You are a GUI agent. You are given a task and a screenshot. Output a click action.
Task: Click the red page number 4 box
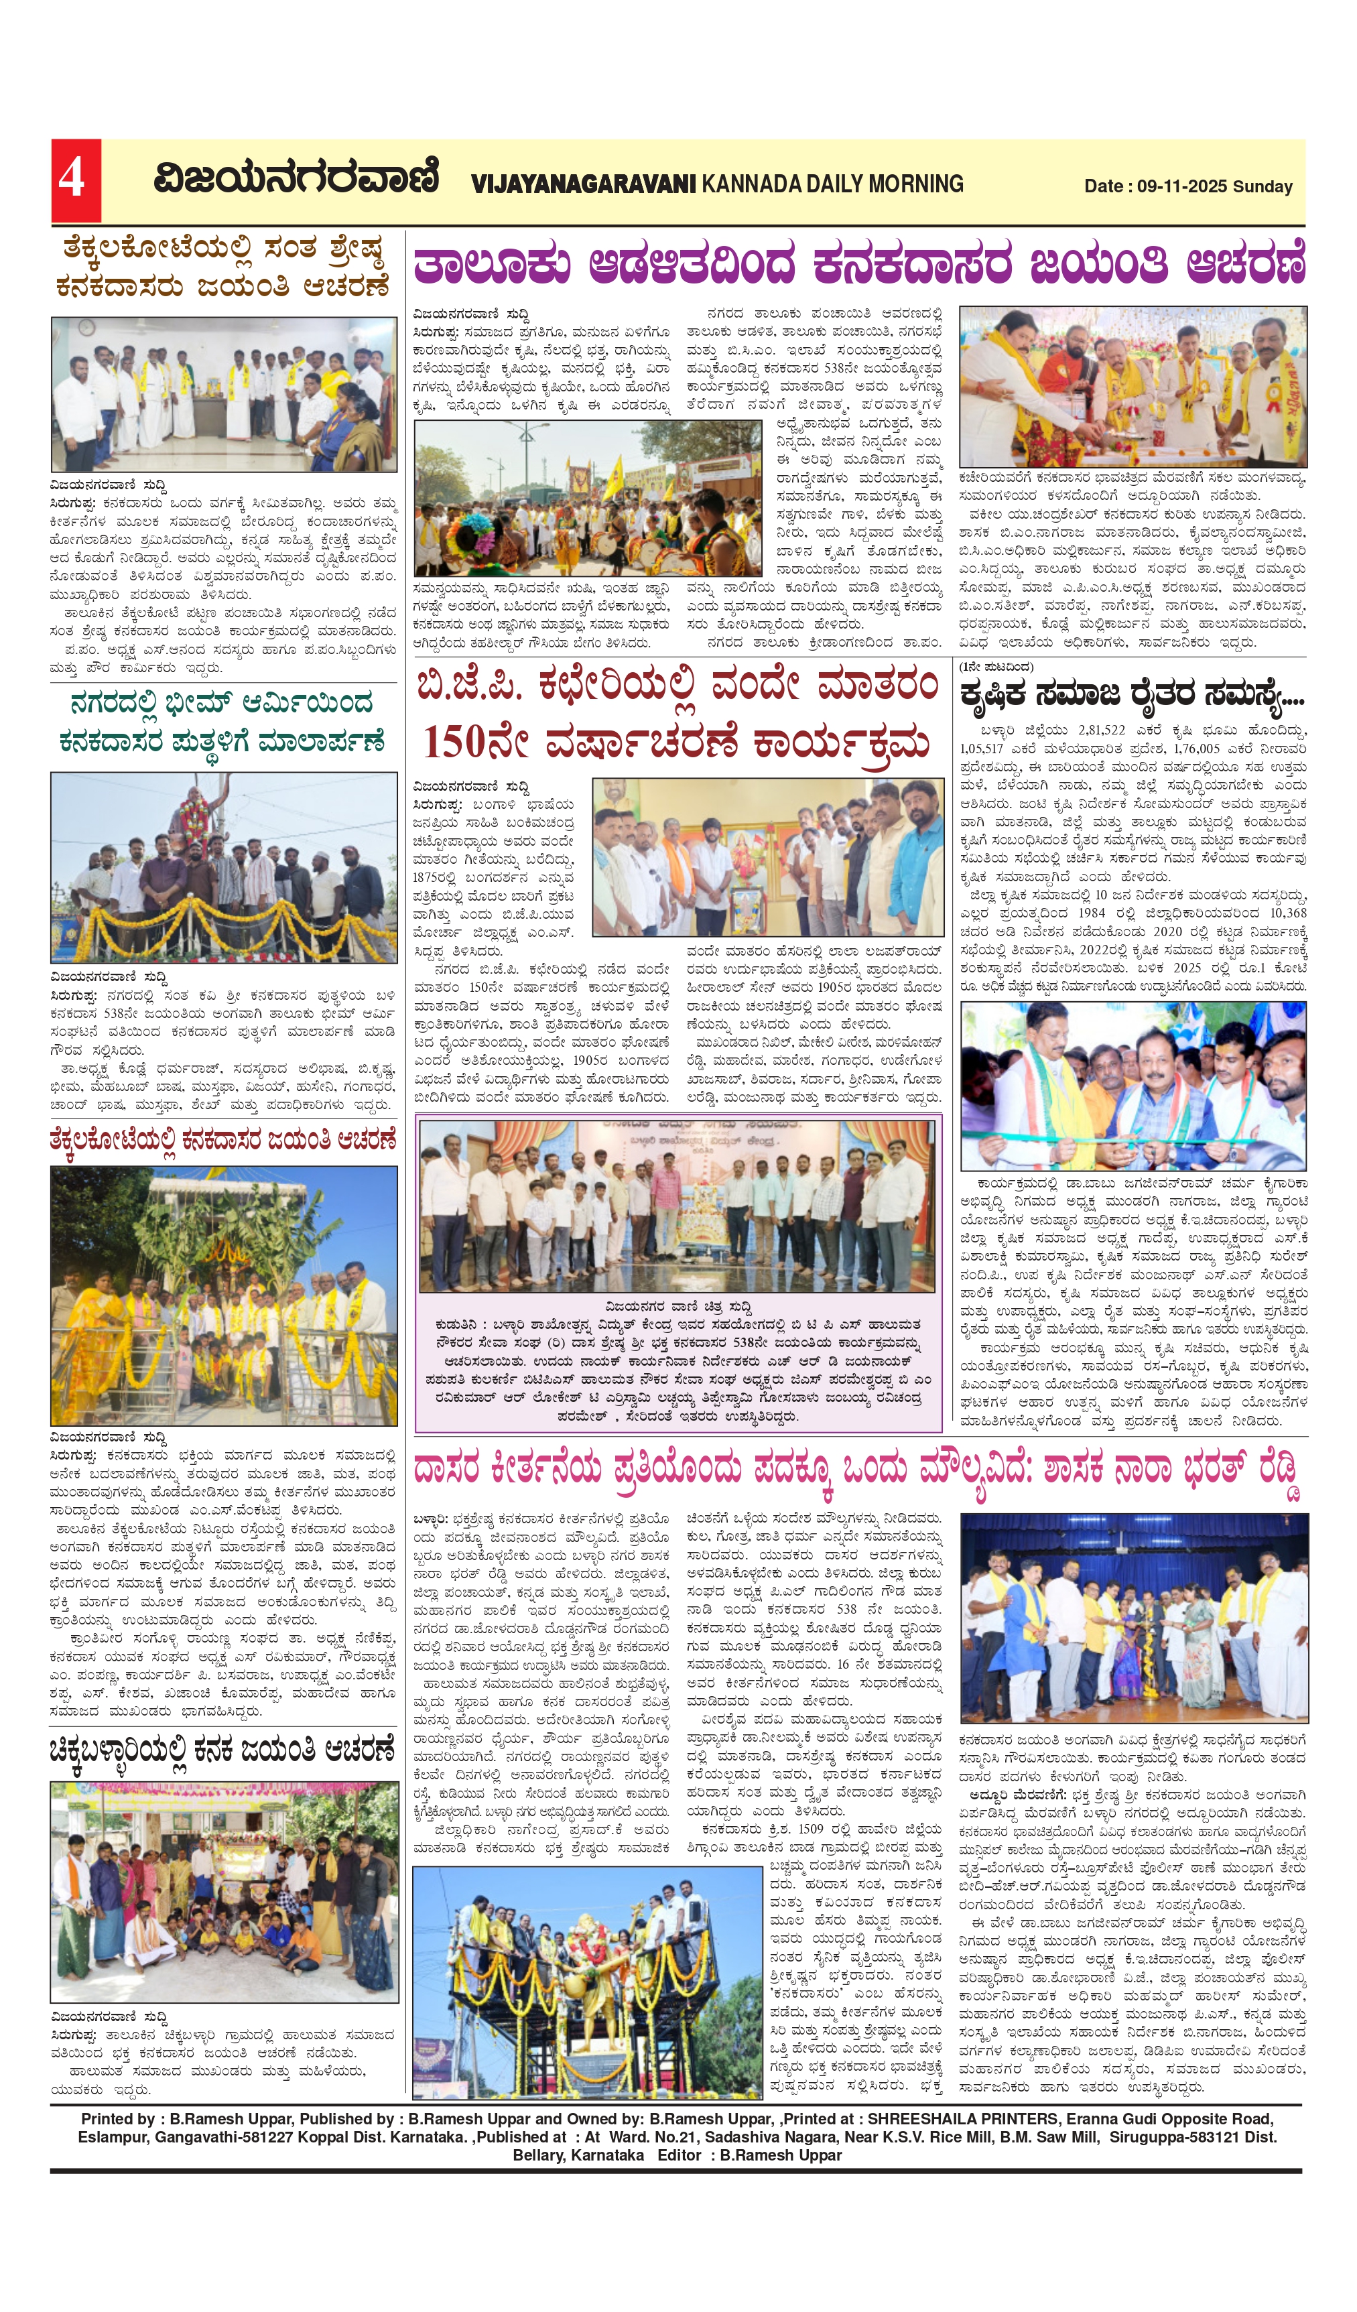point(75,180)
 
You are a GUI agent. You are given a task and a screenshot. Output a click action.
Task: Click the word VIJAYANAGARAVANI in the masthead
point(584,184)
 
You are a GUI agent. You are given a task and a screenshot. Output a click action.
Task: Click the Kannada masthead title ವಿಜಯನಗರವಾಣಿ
point(296,178)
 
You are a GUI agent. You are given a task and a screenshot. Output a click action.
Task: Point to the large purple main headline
point(859,265)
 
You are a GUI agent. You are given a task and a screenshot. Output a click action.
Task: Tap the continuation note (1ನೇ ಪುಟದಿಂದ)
point(996,667)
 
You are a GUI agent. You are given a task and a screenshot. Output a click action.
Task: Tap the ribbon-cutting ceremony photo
point(1133,1086)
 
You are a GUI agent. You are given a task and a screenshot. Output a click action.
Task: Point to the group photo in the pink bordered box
point(677,1206)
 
